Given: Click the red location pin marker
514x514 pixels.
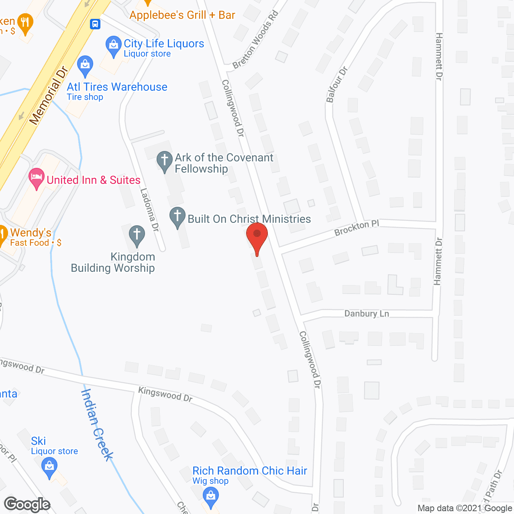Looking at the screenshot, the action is click(x=257, y=237).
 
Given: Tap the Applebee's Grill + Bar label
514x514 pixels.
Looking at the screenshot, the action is click(x=182, y=15).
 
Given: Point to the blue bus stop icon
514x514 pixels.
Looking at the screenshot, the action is click(x=95, y=24).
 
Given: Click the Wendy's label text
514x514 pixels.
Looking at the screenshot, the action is click(x=31, y=233).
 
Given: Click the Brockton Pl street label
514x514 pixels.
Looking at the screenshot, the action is click(x=357, y=228).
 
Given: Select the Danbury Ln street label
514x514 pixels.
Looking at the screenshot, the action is click(x=367, y=314).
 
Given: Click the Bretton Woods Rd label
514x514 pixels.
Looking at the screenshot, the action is click(x=255, y=41).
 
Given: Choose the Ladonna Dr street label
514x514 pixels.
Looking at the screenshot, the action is click(x=149, y=210).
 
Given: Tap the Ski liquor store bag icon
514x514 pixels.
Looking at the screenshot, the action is click(x=49, y=467).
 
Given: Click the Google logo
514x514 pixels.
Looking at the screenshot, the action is click(x=27, y=504).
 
